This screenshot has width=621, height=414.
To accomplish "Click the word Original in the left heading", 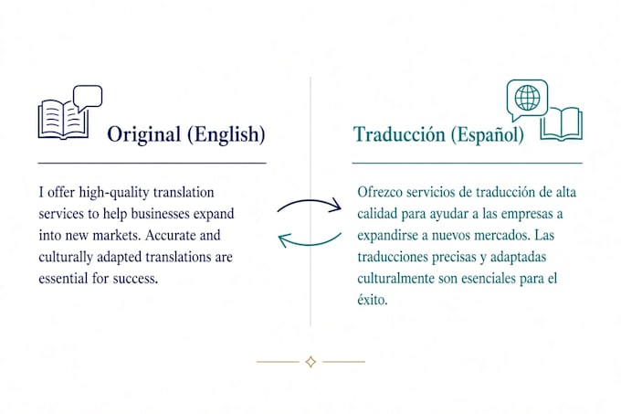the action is pos(144,134).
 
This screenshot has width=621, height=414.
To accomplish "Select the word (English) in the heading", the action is pos(226,134).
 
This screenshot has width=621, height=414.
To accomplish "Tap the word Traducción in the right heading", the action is pos(399,134).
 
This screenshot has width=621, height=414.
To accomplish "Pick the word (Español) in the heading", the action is pos(488,134).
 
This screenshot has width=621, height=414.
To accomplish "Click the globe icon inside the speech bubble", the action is pos(527,98).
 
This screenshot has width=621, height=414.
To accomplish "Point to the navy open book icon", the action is pos(63,119).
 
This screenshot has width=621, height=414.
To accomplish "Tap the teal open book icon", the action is pos(562,123).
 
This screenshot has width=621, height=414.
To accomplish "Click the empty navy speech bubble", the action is pos(88,98).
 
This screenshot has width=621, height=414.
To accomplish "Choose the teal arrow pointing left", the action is pos(310,241).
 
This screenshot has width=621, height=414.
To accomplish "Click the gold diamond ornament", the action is pos(310,362).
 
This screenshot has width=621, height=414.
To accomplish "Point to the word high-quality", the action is pos(114,193).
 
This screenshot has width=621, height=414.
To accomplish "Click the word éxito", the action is pos(373,300).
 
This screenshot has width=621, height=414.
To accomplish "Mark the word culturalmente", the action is pos(396,279).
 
